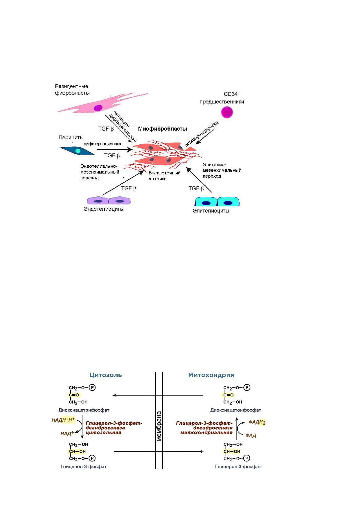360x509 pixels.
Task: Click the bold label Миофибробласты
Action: (x=162, y=129)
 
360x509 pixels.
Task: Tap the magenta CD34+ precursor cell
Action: (x=227, y=112)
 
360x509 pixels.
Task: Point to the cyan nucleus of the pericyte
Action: (x=78, y=151)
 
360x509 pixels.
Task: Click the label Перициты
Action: (x=71, y=138)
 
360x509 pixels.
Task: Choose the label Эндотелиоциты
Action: (x=104, y=209)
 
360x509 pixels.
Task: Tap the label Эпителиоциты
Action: (x=211, y=211)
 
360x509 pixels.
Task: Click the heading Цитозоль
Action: (x=106, y=375)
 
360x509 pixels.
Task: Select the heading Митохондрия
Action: (x=211, y=375)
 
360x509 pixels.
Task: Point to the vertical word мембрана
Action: (x=159, y=426)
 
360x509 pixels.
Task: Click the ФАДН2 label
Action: (x=257, y=422)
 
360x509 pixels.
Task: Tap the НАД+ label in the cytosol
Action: (x=67, y=434)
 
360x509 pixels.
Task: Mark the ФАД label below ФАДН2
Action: (x=251, y=435)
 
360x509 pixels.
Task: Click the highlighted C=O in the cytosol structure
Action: (x=74, y=395)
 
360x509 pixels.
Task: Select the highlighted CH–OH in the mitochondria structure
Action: (x=232, y=452)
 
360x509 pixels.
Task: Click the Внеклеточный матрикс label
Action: (x=164, y=176)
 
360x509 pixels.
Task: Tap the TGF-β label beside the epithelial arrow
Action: (x=196, y=189)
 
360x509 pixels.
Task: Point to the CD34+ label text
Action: (x=232, y=94)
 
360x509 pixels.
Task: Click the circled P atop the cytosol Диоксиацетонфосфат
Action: (x=92, y=387)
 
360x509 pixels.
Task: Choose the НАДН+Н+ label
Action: (x=63, y=420)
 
